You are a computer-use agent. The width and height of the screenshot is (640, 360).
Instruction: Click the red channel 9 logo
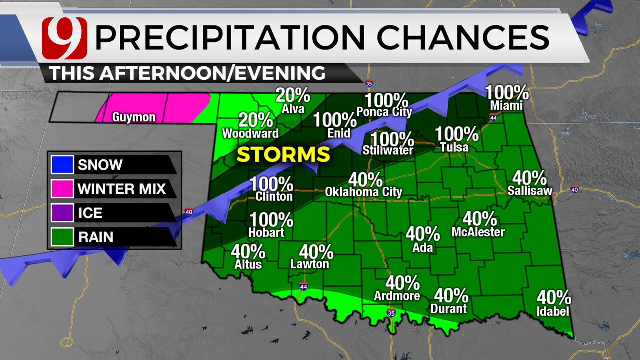point(64,38)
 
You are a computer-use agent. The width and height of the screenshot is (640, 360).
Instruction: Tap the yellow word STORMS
point(283,154)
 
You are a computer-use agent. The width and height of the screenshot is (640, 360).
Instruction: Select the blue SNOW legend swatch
point(62,164)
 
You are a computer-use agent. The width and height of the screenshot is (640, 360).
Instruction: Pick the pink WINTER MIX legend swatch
point(62,189)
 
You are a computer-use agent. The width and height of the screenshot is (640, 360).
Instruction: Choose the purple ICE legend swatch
point(62,213)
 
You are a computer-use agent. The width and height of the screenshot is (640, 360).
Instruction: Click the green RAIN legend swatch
point(62,237)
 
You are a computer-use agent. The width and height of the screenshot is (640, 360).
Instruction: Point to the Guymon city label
point(134,118)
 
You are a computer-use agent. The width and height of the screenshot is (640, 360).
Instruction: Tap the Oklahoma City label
point(363,192)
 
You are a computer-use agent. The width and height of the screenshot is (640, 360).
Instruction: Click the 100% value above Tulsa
point(457,134)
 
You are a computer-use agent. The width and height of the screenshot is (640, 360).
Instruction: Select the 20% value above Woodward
point(255,120)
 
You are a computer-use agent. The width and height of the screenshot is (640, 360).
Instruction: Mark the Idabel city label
point(553,311)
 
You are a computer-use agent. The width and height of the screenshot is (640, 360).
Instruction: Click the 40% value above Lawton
point(316,251)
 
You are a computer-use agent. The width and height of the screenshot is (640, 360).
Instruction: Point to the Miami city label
point(506,106)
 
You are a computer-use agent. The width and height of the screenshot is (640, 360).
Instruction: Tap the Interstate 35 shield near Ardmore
point(391,313)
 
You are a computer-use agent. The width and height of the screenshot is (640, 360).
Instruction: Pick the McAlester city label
point(478,232)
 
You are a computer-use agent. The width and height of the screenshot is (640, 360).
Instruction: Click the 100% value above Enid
point(335,120)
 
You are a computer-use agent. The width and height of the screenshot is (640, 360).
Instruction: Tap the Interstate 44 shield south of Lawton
point(304,286)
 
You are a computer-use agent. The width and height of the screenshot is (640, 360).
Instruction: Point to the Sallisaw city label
point(528,190)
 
